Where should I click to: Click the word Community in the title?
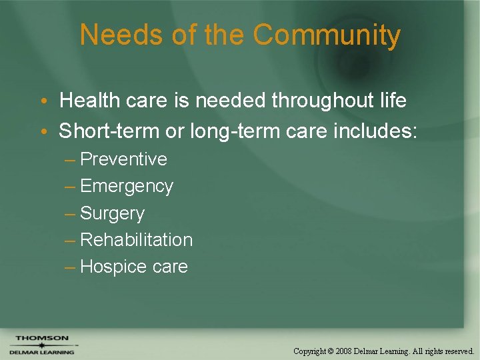tap(327, 35)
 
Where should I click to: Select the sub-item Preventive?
tap(123, 159)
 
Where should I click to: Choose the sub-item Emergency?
tap(127, 187)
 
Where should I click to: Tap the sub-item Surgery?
tap(112, 213)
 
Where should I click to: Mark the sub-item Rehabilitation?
tap(136, 240)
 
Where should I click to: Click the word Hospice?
tap(113, 267)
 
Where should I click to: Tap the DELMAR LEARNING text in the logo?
tap(41, 352)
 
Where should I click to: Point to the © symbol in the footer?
tap(331, 351)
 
